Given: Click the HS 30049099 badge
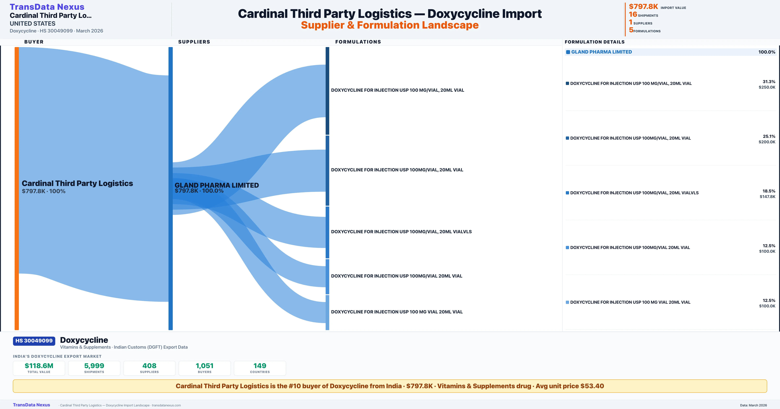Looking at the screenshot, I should click(34, 341).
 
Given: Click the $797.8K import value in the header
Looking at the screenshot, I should click(643, 7).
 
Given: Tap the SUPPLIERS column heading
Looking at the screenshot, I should click(194, 42).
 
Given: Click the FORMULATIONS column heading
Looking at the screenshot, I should click(358, 42).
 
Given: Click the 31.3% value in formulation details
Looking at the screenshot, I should click(769, 82).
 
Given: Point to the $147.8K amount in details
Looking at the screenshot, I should click(767, 197).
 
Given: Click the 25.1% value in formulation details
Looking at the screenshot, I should click(769, 136).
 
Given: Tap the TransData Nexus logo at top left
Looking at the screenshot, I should click(47, 7).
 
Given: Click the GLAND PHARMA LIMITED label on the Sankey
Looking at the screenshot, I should click(216, 185).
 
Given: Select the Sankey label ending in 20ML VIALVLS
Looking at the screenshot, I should click(401, 232).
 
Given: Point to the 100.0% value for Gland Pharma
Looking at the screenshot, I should click(767, 52).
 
